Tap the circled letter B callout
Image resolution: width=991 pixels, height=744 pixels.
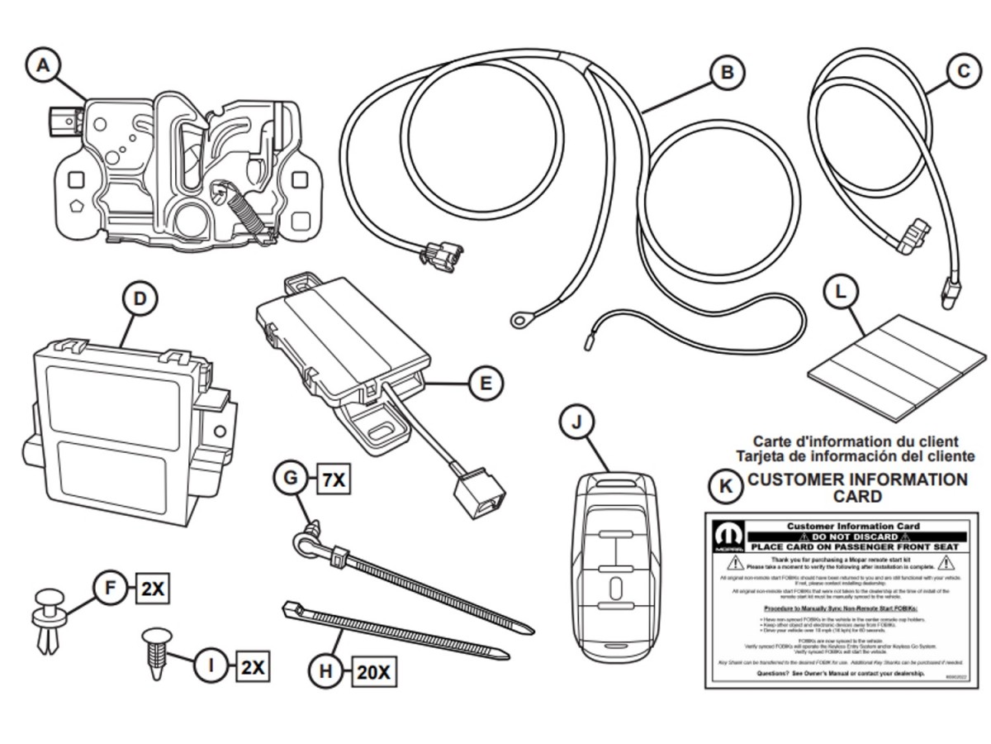(727, 73)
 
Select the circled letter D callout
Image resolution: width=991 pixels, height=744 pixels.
(140, 298)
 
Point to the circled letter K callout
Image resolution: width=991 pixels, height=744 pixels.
(726, 486)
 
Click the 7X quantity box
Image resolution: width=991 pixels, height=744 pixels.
(334, 479)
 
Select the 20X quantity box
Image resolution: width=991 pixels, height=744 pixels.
(372, 672)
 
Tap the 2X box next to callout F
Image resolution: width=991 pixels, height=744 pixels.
(153, 589)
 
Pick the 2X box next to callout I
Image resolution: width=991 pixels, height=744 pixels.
(253, 667)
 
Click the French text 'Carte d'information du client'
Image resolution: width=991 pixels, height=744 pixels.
(855, 442)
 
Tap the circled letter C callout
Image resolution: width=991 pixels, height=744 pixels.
(963, 73)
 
